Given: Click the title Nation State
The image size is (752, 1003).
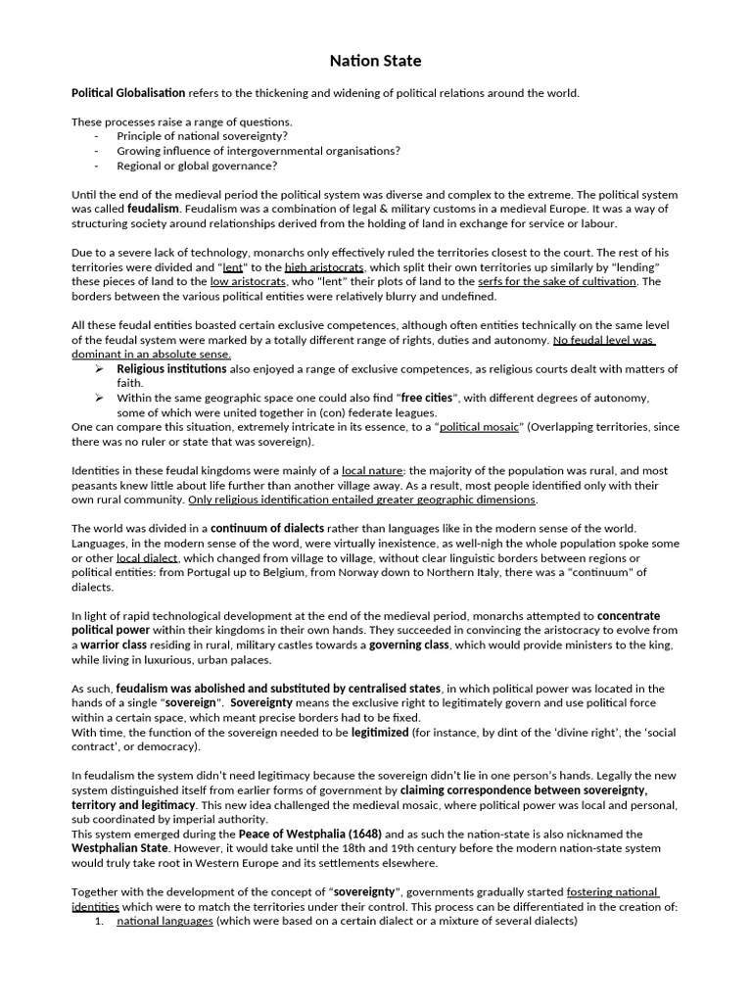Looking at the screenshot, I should pyautogui.click(x=375, y=61).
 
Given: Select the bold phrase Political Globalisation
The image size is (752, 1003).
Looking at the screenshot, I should pyautogui.click(x=128, y=93).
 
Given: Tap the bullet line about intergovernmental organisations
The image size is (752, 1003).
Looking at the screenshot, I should pyautogui.click(x=258, y=151).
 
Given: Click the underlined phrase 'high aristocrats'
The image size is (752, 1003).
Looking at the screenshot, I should pyautogui.click(x=324, y=267).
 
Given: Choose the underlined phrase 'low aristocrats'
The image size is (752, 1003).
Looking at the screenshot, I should pyautogui.click(x=248, y=282).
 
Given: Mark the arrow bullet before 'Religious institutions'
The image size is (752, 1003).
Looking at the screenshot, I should pyautogui.click(x=100, y=369).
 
